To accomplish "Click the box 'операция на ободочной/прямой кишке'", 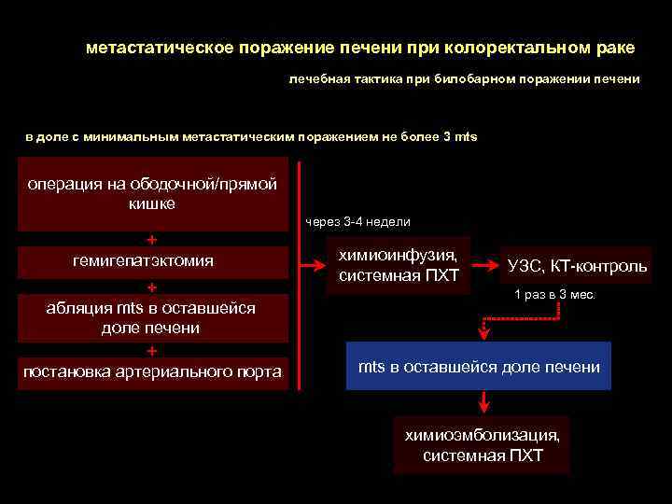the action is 151,194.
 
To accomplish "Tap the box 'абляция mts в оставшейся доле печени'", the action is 150,317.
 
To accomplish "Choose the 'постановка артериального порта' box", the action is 152,371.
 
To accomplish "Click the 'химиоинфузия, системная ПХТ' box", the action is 399,265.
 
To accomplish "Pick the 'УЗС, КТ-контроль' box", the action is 577,266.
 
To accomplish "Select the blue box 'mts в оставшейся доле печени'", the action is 479,366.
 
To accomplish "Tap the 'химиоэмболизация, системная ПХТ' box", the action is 483,444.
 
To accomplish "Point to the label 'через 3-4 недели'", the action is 357,222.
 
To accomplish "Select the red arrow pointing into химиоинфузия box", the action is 312,266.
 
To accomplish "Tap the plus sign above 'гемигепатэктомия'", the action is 152,239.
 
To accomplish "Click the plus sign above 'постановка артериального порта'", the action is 152,350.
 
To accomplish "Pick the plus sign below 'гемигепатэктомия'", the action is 152,286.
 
